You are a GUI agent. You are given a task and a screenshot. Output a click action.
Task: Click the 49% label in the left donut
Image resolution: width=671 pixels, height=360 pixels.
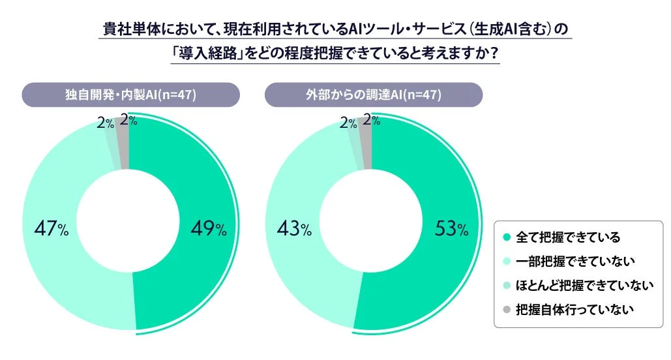[x=208, y=229]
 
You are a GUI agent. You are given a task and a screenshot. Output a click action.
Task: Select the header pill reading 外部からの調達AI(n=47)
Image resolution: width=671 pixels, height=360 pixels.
[x=373, y=95]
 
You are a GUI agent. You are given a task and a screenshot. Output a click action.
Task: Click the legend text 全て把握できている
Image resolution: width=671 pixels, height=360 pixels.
[x=567, y=237]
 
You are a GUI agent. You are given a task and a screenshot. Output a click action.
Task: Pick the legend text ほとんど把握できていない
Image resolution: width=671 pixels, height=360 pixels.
[x=584, y=285]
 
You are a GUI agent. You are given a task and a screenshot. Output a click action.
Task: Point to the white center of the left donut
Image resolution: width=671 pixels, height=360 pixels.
[x=128, y=222]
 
